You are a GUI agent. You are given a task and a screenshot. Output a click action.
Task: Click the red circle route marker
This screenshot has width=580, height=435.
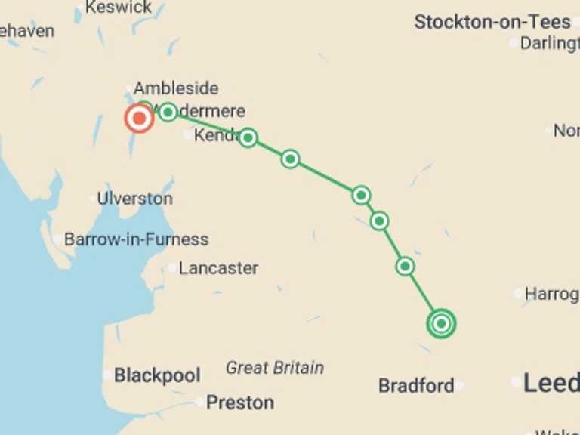click(139, 119)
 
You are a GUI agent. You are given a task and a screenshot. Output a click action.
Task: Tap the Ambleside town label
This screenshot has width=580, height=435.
click(176, 88)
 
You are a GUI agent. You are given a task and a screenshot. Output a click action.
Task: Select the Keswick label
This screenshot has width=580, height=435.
click(119, 8)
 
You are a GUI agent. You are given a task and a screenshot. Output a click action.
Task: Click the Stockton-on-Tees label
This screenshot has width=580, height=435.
click(492, 23)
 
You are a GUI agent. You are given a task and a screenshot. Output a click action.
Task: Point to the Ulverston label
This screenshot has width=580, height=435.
click(134, 199)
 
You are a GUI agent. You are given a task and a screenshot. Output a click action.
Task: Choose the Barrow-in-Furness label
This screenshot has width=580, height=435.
click(136, 240)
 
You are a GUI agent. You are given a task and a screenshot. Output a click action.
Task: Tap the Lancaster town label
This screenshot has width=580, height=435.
click(218, 268)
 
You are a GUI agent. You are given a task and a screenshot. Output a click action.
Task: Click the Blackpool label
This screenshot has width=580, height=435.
click(157, 375)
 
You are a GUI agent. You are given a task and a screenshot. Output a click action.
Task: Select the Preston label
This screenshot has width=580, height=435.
click(240, 403)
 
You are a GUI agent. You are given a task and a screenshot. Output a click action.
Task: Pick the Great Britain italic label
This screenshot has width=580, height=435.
click(275, 369)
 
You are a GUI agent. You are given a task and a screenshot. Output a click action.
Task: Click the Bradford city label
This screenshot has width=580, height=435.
click(416, 386)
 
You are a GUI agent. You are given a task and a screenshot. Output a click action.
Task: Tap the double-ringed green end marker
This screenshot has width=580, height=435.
click(441, 324)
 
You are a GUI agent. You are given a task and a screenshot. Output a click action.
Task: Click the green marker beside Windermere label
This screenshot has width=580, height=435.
click(168, 113)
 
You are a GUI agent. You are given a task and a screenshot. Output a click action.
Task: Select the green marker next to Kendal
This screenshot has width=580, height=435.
click(248, 137)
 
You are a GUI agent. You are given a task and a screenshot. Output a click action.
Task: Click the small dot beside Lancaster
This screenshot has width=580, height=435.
click(173, 268)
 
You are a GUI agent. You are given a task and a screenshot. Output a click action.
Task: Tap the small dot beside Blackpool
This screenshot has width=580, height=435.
click(107, 375)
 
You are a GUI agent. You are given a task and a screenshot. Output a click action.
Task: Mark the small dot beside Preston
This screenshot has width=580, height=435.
click(200, 403)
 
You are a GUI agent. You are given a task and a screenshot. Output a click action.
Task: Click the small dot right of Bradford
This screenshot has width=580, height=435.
click(460, 386)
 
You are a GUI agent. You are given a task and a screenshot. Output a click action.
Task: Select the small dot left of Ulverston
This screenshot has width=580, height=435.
click(92, 199)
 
